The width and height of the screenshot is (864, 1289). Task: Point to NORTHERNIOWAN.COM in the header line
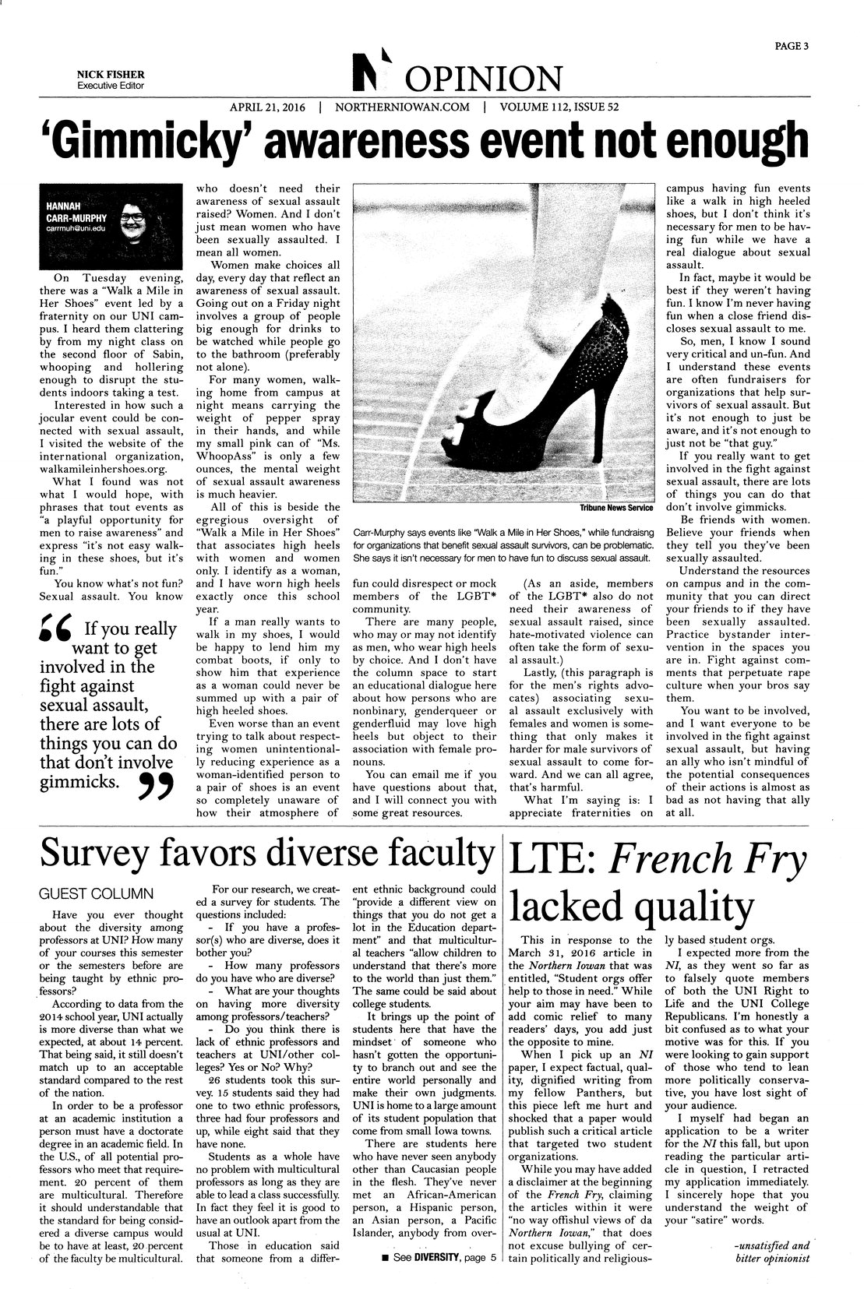coord(402,107)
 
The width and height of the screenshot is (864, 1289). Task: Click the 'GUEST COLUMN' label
coord(101,893)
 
